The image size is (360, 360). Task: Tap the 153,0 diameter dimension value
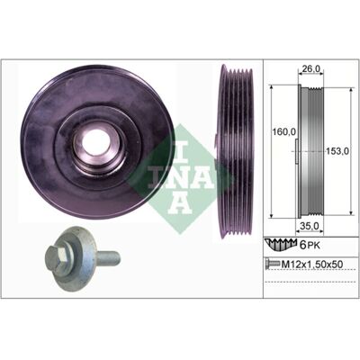337,151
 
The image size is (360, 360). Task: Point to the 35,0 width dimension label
310,225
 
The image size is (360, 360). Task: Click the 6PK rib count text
310,246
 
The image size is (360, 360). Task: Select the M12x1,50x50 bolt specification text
311,264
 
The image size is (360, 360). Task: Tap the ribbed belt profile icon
281,245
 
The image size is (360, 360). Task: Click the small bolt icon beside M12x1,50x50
272,264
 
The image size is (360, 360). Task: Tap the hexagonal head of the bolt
57,256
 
